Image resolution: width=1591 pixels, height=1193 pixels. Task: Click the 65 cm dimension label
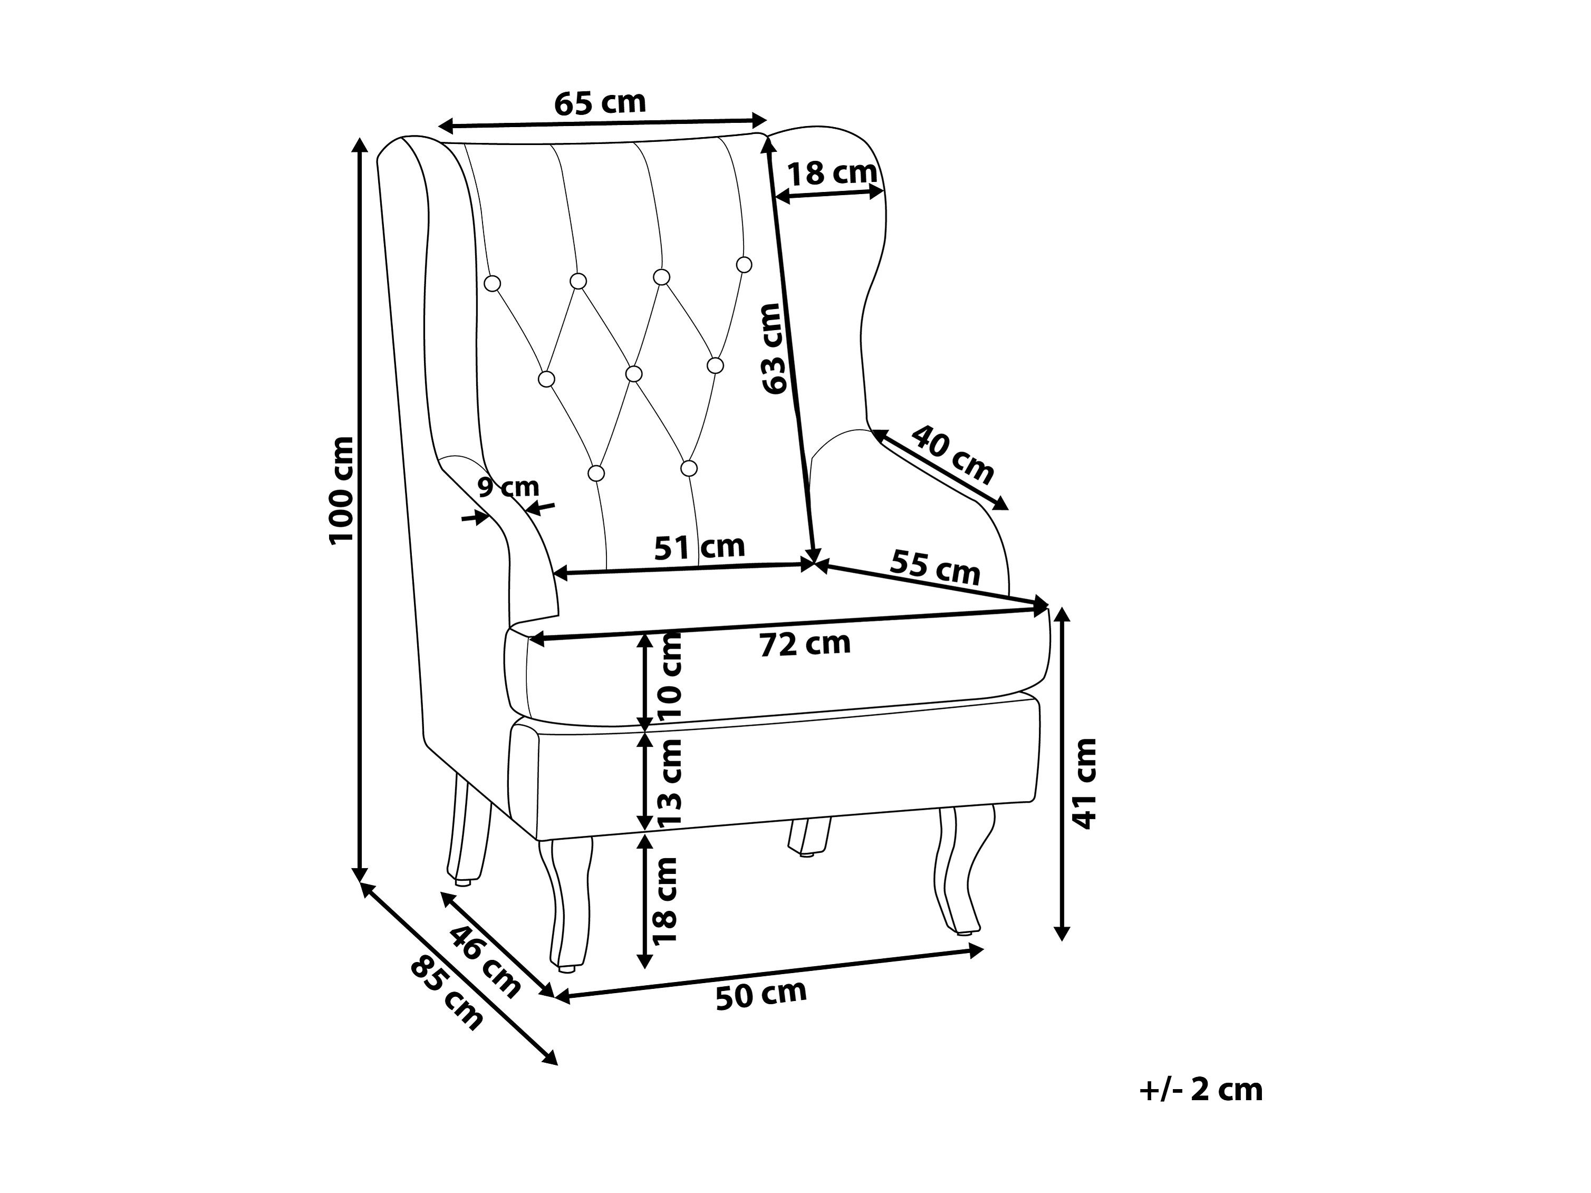coord(600,103)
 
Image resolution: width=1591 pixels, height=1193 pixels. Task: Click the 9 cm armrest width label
coord(508,487)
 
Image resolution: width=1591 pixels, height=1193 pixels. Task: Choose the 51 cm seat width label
coord(699,547)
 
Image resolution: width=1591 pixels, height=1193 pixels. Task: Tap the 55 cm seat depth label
coord(935,567)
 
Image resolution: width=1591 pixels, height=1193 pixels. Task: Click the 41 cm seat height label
coord(1083,783)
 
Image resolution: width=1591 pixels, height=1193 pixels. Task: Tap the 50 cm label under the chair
coord(761,995)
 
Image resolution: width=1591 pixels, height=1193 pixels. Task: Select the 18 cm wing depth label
coord(832,174)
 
